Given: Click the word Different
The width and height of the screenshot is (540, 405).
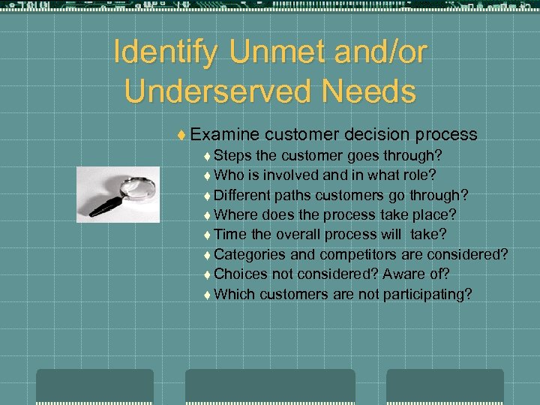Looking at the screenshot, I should pyautogui.click(x=244, y=196).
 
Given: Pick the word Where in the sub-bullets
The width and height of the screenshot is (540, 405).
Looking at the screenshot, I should pyautogui.click(x=234, y=215).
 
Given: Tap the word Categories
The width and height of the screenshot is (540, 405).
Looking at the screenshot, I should pyautogui.click(x=250, y=255).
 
